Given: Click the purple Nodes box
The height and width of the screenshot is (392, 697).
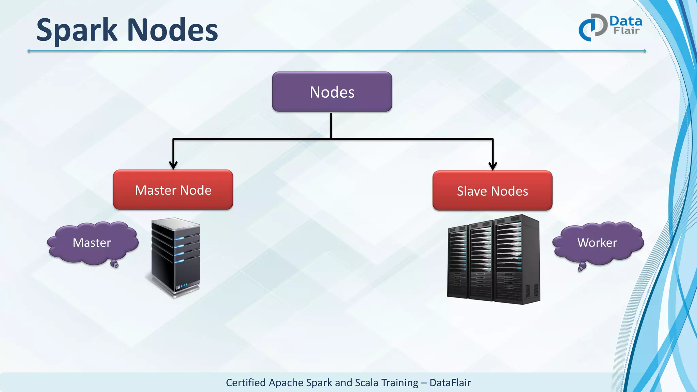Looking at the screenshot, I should pyautogui.click(x=332, y=92).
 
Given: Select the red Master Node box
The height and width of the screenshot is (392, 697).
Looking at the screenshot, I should pyautogui.click(x=173, y=190).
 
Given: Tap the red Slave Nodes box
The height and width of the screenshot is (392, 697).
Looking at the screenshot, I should pyautogui.click(x=492, y=191).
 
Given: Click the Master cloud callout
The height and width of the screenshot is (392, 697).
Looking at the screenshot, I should pyautogui.click(x=92, y=243).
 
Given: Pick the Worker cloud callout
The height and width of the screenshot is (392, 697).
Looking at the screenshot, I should pyautogui.click(x=597, y=243).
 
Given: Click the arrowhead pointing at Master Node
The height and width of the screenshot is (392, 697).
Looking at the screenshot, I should pyautogui.click(x=173, y=165).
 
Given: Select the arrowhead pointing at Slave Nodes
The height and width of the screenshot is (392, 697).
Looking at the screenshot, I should pyautogui.click(x=492, y=166).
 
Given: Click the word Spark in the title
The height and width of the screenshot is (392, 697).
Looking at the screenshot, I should pyautogui.click(x=77, y=31).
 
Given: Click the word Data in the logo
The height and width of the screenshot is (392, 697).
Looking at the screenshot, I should pyautogui.click(x=626, y=21).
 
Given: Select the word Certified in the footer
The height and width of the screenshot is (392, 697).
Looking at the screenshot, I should pyautogui.click(x=246, y=383).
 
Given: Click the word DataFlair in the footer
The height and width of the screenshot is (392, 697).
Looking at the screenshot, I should pyautogui.click(x=450, y=383).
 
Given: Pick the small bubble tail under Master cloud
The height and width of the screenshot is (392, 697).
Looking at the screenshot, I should pyautogui.click(x=115, y=264).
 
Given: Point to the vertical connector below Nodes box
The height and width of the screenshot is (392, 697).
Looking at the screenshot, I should pyautogui.click(x=331, y=125).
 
